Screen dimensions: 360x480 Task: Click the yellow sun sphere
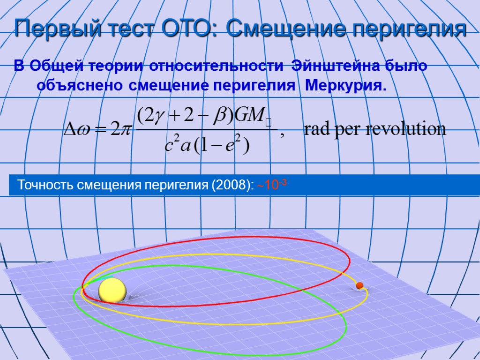coord(112,290)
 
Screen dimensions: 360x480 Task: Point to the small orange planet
coord(360,285)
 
